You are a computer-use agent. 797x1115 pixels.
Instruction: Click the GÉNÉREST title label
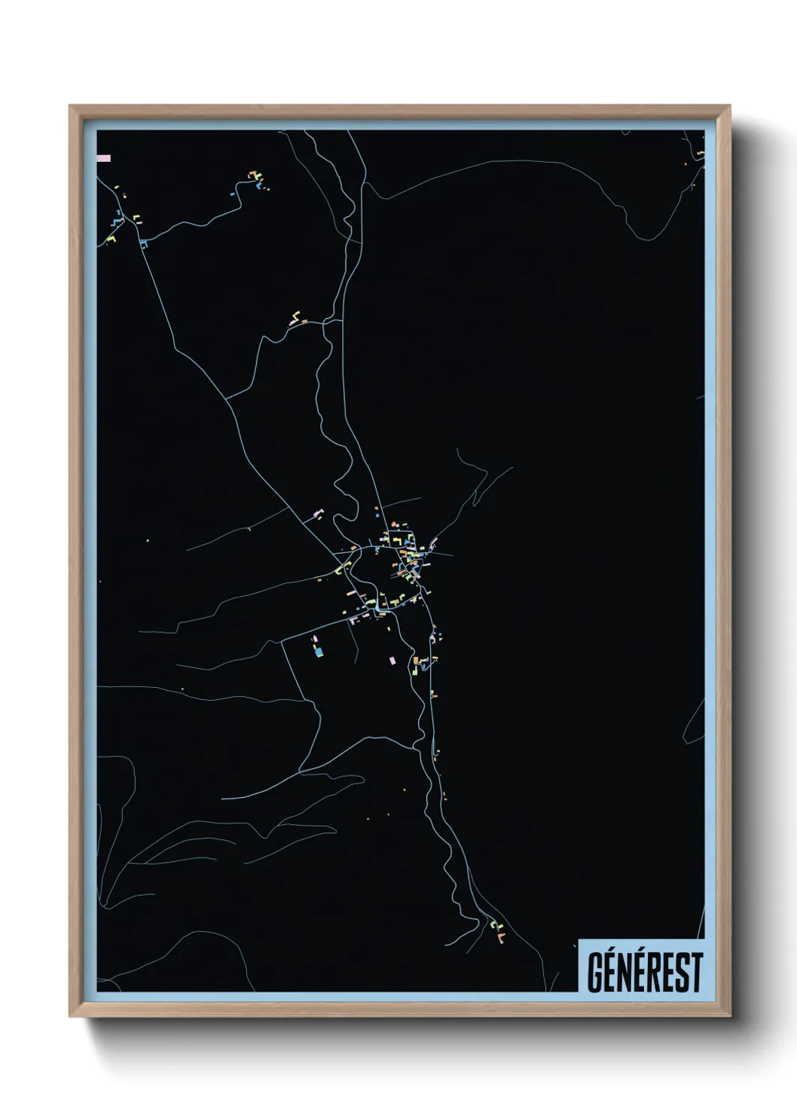click(644, 972)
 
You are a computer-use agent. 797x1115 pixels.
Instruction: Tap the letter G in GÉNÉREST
click(595, 973)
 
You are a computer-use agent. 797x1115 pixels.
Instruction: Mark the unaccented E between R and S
click(670, 973)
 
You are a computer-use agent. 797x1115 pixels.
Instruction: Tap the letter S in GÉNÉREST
click(683, 973)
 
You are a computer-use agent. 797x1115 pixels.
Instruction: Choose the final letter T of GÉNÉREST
click(697, 973)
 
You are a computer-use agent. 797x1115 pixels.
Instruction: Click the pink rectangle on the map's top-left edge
click(104, 158)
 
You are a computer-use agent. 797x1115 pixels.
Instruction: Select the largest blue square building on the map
click(319, 651)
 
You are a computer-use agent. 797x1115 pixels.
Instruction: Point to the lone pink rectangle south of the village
click(392, 660)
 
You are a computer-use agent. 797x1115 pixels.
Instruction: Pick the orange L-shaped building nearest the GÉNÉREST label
click(499, 937)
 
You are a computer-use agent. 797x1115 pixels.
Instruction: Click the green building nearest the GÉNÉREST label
click(494, 925)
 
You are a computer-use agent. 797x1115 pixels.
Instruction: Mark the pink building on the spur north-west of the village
click(318, 515)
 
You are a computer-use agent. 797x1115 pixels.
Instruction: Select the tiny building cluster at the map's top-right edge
click(699, 155)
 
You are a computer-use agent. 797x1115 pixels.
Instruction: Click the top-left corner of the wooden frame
click(71, 107)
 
